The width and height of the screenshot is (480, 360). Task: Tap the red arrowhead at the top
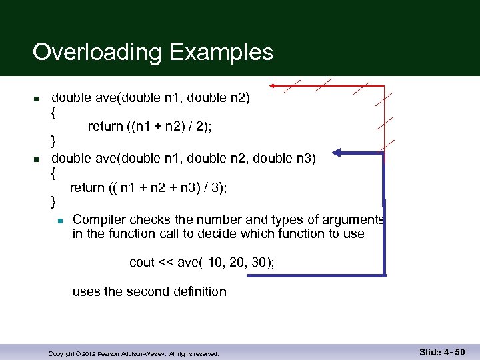(273, 86)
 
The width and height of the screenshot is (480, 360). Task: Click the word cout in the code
(142, 263)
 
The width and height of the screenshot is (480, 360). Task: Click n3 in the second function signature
(307, 158)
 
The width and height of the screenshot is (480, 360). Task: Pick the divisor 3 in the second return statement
(217, 188)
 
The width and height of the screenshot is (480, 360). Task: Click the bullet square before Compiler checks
(59, 220)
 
